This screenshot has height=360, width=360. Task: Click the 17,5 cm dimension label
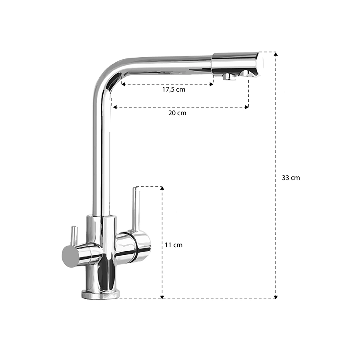tap(174, 90)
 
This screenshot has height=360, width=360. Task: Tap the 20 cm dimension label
tap(177, 113)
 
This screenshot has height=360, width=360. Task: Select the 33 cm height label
tap(291, 178)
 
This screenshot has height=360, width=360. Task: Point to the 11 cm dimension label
tap(174, 245)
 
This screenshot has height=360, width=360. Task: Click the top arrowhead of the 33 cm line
tap(276, 54)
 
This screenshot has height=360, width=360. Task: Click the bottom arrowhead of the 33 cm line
tap(276, 297)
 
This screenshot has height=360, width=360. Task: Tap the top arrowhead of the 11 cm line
tap(162, 188)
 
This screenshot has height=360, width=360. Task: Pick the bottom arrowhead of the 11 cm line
tap(162, 297)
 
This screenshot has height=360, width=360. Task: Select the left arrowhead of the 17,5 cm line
tap(123, 84)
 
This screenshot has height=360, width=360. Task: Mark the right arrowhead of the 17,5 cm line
tap(212, 84)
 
